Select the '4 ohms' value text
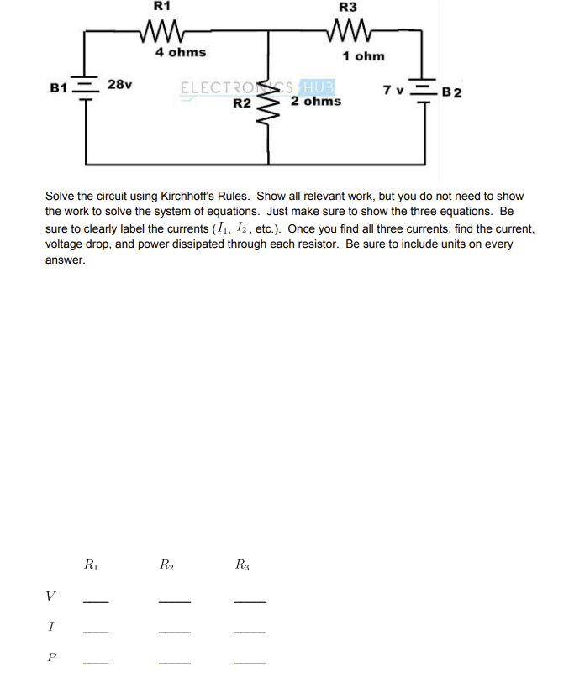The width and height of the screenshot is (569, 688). click(x=180, y=52)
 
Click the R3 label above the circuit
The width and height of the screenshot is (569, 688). click(x=347, y=7)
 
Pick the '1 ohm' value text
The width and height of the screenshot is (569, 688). click(x=363, y=56)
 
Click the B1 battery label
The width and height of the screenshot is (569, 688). click(x=58, y=87)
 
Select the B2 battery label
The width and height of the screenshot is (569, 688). click(x=451, y=92)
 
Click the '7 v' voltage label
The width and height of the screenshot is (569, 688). click(x=394, y=90)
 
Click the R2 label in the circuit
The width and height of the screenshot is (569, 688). click(x=242, y=103)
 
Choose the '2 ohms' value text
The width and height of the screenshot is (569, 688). click(x=316, y=102)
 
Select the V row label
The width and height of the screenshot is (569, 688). click(x=51, y=596)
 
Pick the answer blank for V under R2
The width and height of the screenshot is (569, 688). click(x=174, y=601)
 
